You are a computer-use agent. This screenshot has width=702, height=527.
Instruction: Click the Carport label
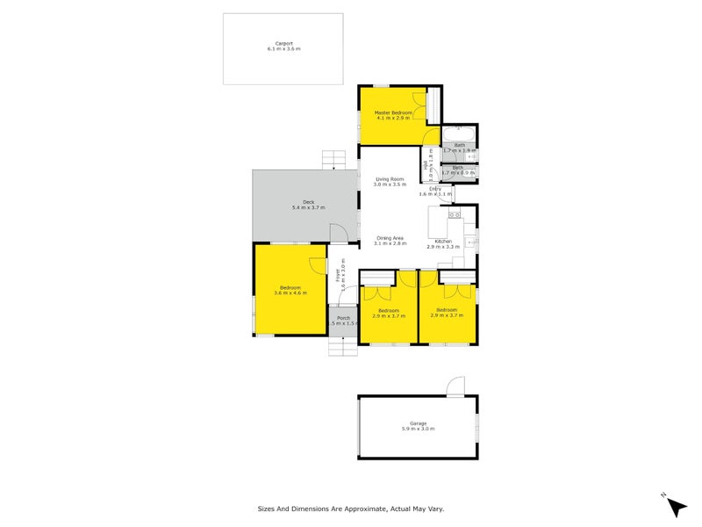tap(283, 43)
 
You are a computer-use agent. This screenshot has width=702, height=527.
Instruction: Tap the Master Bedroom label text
tap(394, 113)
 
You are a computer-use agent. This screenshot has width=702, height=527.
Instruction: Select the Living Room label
tap(390, 178)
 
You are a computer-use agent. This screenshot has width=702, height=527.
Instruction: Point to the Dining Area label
tap(390, 238)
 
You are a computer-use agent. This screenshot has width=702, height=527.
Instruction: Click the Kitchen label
tap(444, 241)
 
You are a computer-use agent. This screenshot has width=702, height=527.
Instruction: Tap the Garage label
tap(418, 423)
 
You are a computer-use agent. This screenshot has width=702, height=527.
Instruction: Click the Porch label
tap(343, 318)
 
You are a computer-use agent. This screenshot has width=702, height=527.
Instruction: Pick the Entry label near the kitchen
tap(434, 188)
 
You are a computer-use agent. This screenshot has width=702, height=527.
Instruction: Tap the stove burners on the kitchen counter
tap(454, 214)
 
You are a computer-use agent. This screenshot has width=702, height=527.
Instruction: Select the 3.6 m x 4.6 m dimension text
tap(290, 293)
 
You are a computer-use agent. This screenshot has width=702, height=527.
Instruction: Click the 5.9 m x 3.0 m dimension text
tap(418, 429)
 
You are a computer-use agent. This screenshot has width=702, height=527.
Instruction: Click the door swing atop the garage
tap(454, 386)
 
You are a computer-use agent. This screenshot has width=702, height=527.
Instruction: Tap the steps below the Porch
tap(342, 346)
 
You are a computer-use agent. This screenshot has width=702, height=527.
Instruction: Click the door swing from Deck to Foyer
tap(337, 231)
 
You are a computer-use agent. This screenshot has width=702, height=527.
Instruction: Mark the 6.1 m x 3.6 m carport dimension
tap(283, 49)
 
